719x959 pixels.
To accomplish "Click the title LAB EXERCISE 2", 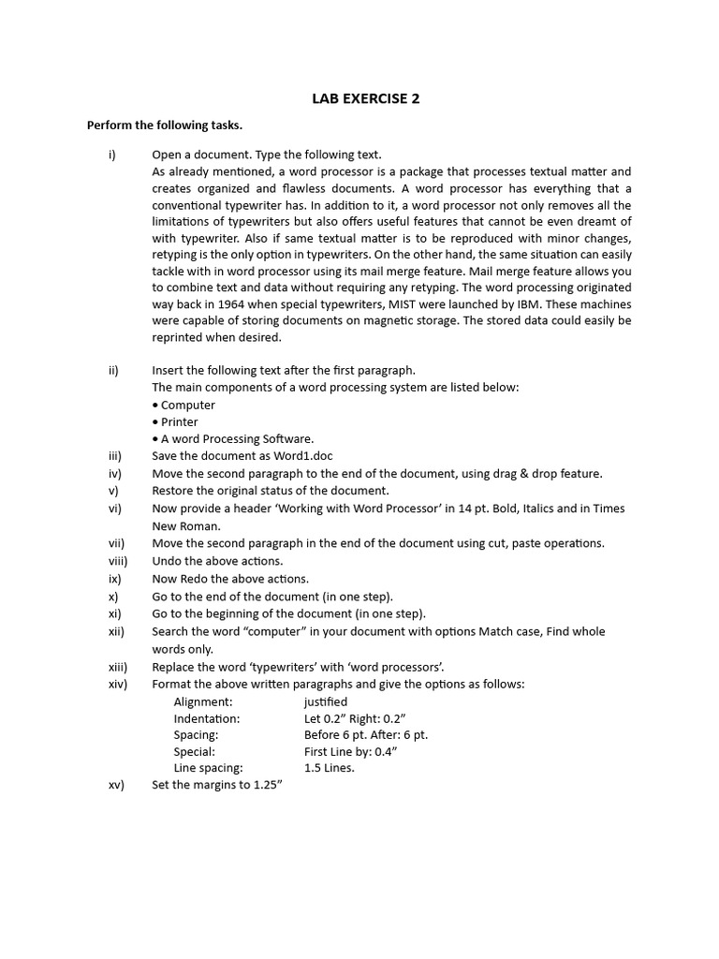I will [x=359, y=98].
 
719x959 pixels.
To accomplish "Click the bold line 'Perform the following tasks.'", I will [x=164, y=125].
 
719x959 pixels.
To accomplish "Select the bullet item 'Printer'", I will [x=179, y=421].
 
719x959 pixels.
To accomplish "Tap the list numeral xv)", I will [x=116, y=785].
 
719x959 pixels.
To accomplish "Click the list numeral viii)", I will [x=117, y=561].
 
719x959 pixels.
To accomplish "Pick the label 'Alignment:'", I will [x=203, y=701].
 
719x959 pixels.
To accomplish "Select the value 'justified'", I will [x=325, y=701].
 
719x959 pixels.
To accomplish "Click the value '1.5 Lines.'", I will [x=329, y=768].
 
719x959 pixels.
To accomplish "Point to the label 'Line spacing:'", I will [x=208, y=768].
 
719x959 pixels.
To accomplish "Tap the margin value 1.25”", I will [x=268, y=785].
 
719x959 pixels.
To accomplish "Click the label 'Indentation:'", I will [x=206, y=718].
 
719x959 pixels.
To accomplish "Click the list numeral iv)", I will [x=115, y=474].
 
